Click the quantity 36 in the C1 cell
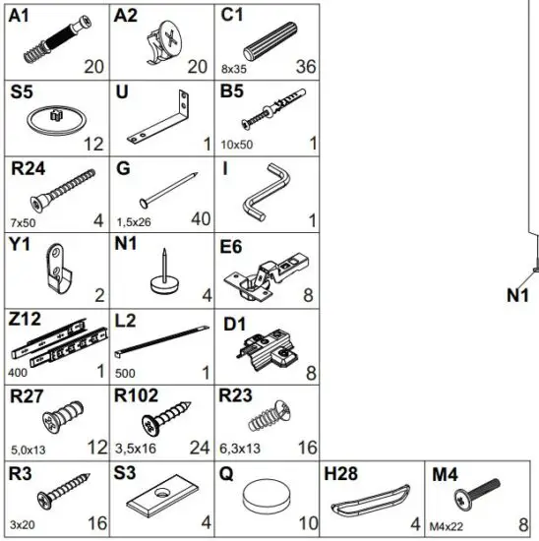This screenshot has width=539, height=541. tap(305, 67)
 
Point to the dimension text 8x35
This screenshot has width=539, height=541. tap(234, 70)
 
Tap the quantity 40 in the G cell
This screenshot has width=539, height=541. tap(200, 219)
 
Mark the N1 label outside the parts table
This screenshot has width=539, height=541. tap(518, 294)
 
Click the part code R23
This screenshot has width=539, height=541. tap(236, 396)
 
